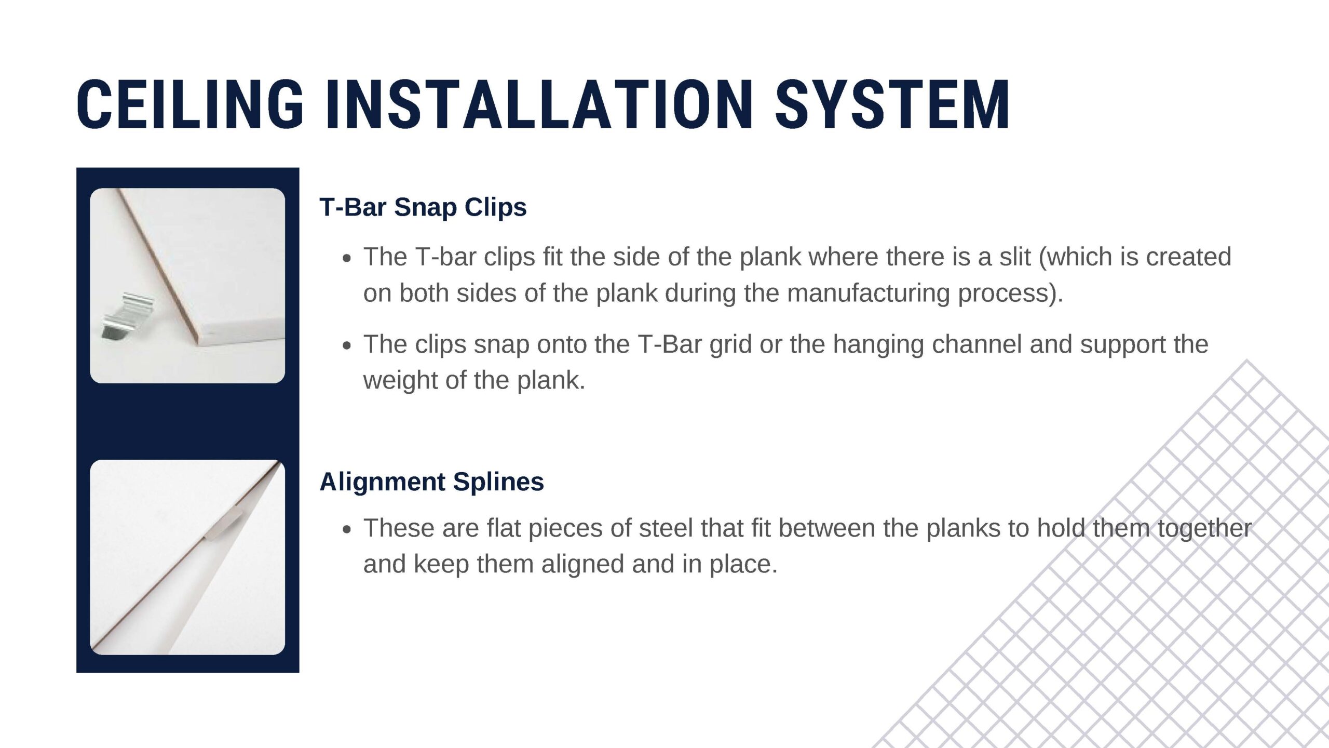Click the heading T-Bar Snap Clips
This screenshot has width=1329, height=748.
point(423,207)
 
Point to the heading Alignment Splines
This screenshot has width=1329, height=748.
point(432,482)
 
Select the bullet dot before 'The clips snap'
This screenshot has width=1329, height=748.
point(347,346)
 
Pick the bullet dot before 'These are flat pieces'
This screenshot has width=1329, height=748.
point(347,530)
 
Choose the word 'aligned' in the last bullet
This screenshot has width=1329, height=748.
point(583,565)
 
